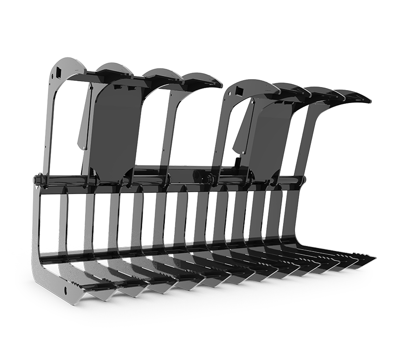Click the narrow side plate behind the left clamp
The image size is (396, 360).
pyautogui.click(x=85, y=119)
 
